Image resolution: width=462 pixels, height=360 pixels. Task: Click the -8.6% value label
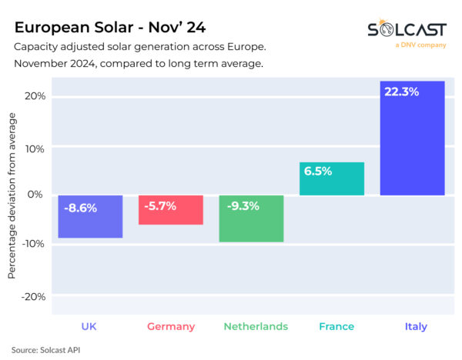pyautogui.click(x=81, y=208)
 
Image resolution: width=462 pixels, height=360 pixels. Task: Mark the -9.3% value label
pyautogui.click(x=242, y=206)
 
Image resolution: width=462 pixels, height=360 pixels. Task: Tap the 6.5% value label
pyautogui.click(x=317, y=172)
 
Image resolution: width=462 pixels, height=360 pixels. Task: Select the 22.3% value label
pyautogui.click(x=401, y=92)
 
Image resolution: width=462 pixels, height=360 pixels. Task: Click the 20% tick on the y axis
pyautogui.click(x=34, y=96)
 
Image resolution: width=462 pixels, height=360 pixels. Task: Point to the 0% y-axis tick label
pyautogui.click(x=37, y=195)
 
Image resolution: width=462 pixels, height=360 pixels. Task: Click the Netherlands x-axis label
pyautogui.click(x=256, y=327)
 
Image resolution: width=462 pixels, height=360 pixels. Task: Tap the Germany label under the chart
pyautogui.click(x=171, y=327)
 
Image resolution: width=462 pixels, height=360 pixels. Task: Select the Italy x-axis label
pyautogui.click(x=416, y=327)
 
